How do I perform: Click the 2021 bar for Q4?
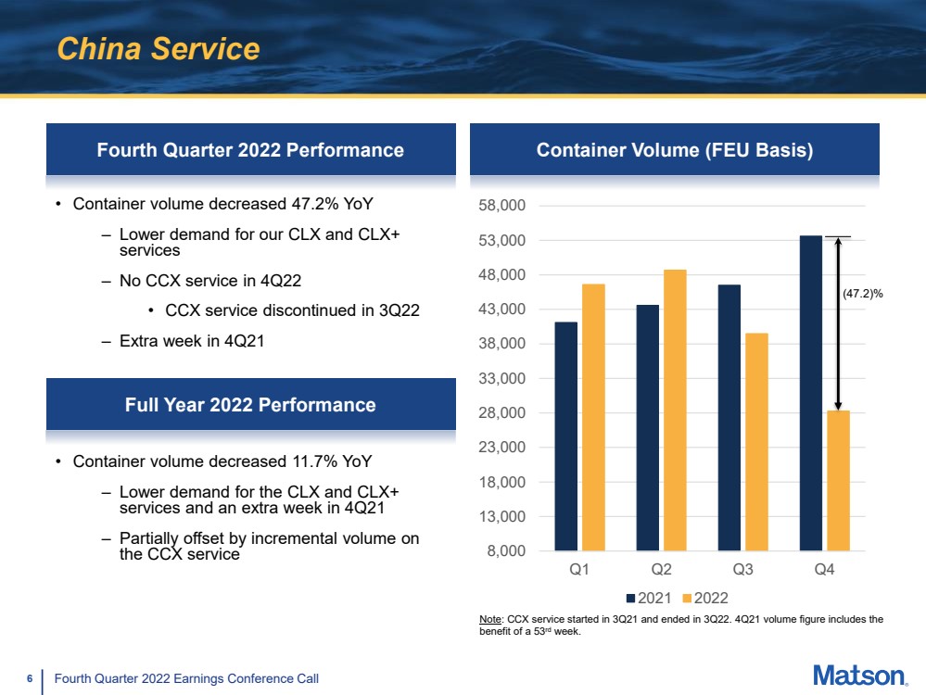[x=811, y=393]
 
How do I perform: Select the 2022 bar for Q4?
[x=838, y=481]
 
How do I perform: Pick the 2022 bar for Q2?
[x=675, y=411]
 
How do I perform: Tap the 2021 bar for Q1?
[x=565, y=436]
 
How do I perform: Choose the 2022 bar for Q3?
[x=756, y=442]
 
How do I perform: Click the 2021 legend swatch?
[x=630, y=598]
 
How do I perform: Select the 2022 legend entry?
[x=705, y=598]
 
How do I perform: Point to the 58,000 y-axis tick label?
[x=502, y=206]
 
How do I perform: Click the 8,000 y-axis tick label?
[x=506, y=551]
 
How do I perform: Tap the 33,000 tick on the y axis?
[x=502, y=378]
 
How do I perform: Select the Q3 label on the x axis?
[x=742, y=569]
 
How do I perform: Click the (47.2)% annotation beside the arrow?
[x=863, y=294]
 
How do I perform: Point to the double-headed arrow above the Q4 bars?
[x=838, y=323]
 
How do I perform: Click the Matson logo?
[x=860, y=676]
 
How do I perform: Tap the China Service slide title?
[x=159, y=48]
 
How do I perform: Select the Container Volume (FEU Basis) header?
[x=675, y=150]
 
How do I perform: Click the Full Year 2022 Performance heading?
[x=250, y=405]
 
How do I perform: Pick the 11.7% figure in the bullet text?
[x=316, y=461]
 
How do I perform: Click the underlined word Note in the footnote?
[x=490, y=619]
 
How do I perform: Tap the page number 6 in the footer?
[x=30, y=678]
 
